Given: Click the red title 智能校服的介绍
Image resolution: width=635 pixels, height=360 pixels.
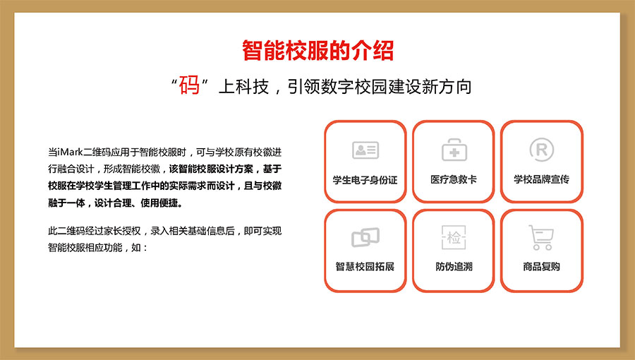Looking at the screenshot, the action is pyautogui.click(x=318, y=51).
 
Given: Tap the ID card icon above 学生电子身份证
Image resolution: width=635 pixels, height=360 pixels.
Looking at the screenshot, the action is pyautogui.click(x=365, y=150).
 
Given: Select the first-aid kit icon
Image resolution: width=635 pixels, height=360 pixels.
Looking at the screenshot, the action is pyautogui.click(x=454, y=150).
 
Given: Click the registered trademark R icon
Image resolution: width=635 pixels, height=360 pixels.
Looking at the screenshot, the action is pyautogui.click(x=541, y=150).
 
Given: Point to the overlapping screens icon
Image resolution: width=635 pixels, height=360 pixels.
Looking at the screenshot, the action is pyautogui.click(x=365, y=237).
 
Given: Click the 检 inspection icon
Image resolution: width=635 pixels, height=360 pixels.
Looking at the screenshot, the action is pyautogui.click(x=454, y=237).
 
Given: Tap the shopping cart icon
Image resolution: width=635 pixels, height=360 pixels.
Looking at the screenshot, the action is pyautogui.click(x=541, y=237).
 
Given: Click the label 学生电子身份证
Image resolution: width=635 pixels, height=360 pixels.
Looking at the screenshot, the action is pyautogui.click(x=365, y=180).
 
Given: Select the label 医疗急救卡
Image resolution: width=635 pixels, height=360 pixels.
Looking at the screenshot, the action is pyautogui.click(x=454, y=179).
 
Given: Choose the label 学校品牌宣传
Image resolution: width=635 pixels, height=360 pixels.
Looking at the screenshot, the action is pyautogui.click(x=541, y=179).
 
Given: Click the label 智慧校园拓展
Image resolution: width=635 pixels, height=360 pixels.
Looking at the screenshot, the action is pyautogui.click(x=365, y=266).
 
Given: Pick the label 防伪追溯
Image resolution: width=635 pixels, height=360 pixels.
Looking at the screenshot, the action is pyautogui.click(x=454, y=266).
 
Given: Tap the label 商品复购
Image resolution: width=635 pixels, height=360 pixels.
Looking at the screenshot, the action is pyautogui.click(x=541, y=266).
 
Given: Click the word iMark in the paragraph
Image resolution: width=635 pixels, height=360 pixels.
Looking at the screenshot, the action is pyautogui.click(x=70, y=152).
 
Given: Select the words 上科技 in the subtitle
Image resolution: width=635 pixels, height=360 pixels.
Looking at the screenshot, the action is pyautogui.click(x=243, y=87).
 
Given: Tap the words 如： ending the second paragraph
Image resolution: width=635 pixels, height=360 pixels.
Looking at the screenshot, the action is pyautogui.click(x=140, y=248).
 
